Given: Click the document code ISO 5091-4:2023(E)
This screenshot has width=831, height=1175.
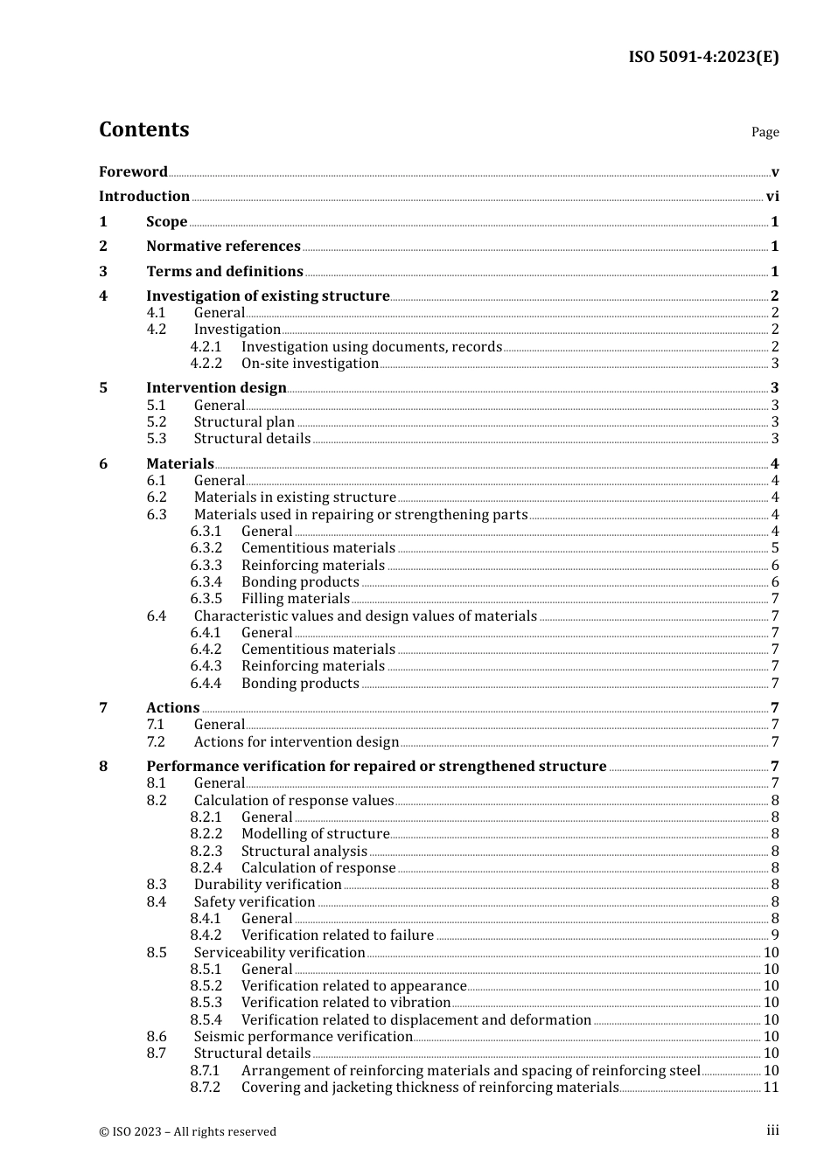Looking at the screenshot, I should point(703,57).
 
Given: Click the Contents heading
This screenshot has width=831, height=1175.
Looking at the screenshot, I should point(143,129).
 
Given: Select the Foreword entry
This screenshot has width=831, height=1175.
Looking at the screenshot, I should point(133,172).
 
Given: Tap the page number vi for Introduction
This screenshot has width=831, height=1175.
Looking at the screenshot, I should point(772,197).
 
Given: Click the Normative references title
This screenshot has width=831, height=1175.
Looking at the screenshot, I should point(223,247).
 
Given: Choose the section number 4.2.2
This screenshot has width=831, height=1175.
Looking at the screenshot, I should point(206,364).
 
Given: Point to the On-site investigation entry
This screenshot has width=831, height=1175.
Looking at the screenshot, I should point(310,364).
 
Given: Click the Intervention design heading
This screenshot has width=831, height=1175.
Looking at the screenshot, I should point(216,388).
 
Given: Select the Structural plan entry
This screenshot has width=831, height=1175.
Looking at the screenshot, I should point(244,422).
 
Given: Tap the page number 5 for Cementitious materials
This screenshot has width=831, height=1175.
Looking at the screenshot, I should point(775,548).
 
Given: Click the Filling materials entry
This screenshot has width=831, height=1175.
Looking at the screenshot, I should point(295,599).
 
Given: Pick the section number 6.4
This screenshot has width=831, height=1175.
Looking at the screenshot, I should point(157,616).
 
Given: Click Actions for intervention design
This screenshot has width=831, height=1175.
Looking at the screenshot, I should point(296,742).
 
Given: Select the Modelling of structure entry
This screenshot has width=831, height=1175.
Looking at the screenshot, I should point(315,834).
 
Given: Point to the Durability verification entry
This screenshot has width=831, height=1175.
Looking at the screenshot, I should point(268,885).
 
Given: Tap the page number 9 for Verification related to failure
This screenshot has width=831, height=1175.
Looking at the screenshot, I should point(775,935).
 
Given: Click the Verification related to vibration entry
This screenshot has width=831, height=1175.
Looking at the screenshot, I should point(346,1003).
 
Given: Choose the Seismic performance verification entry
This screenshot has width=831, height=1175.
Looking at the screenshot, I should point(303,1037).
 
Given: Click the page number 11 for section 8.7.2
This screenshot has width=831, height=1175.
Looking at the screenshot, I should point(772,1088).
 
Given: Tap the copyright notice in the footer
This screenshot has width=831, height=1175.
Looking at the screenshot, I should point(187,1131).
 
